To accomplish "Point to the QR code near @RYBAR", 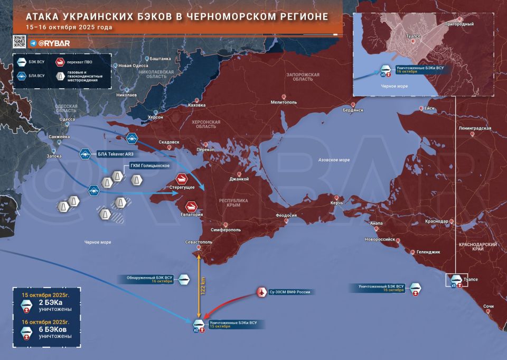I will (x=20, y=42).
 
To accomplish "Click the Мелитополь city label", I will (x=284, y=102).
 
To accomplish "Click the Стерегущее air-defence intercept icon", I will (x=182, y=179).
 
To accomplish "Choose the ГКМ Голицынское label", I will (x=149, y=166).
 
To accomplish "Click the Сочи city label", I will (x=489, y=306).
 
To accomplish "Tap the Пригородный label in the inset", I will (x=458, y=24).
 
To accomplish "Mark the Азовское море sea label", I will (x=334, y=160).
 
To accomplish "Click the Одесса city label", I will (x=67, y=119).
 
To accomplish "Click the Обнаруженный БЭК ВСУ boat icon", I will (x=184, y=280).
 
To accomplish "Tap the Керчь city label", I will (x=336, y=203).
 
